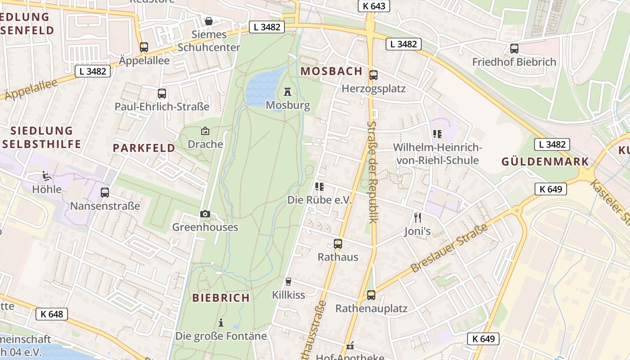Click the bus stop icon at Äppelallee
pos(144,47)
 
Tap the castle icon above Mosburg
pos(288,92)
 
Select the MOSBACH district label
pos(331,71)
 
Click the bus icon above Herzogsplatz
pos(373,75)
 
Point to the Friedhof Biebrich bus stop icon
pos(514,49)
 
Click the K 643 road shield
pos(373,6)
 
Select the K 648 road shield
pos(52,314)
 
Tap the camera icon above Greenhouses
pos(205,214)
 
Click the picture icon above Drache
pos(205,131)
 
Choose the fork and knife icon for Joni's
pos(417,218)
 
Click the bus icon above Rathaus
pos(338,244)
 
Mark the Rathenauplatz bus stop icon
pos(371,295)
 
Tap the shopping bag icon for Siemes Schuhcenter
pos(209,21)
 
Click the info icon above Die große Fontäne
pos(221,323)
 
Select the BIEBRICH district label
pos(221,297)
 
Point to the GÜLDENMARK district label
pos(545,162)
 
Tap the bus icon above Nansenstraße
pos(105,193)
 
